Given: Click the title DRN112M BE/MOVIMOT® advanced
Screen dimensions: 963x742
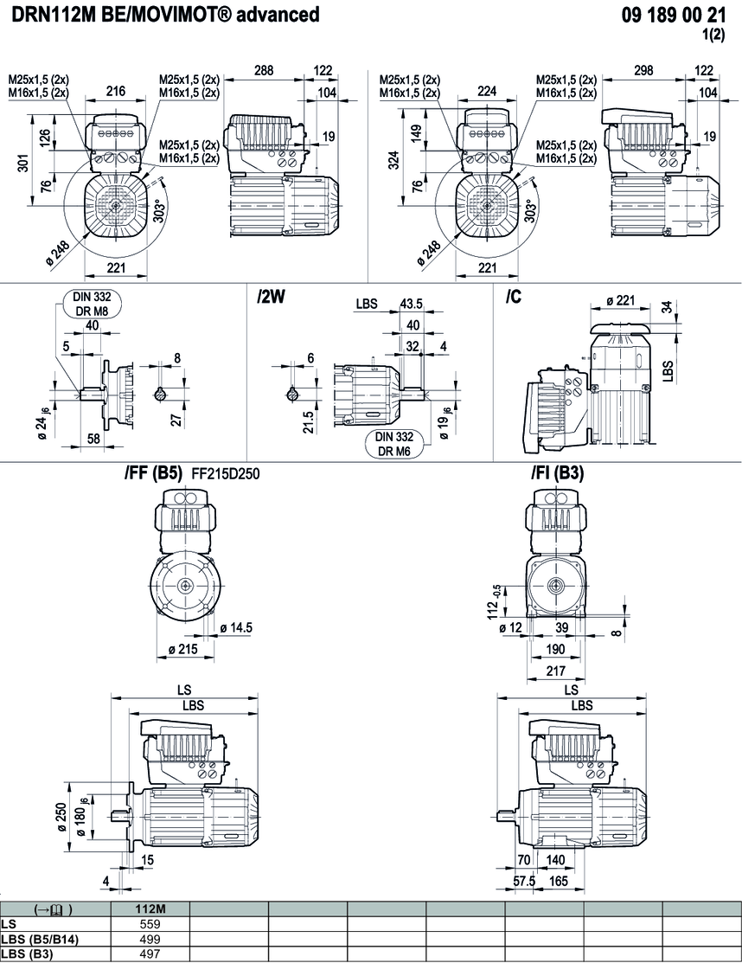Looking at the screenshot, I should click(165, 15).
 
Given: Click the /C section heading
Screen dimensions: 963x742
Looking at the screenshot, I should click(514, 298).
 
